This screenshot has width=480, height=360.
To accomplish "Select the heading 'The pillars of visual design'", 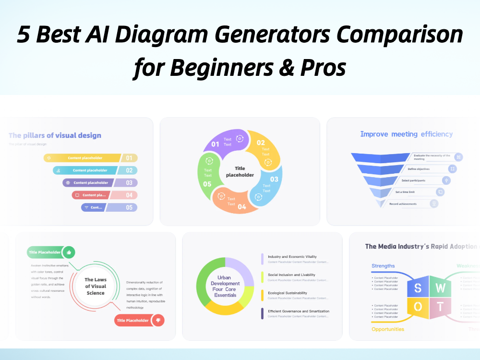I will click(55, 135).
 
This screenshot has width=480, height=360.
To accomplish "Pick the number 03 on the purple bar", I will click(129, 183).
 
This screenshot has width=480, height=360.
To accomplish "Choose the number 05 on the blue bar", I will click(129, 208).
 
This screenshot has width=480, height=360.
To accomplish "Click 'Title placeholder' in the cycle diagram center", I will click(240, 171).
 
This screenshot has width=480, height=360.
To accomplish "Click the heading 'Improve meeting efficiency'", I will click(406, 134).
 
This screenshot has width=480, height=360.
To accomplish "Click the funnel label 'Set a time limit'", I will click(405, 192).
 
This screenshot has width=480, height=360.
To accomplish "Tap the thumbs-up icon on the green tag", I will click(69, 252).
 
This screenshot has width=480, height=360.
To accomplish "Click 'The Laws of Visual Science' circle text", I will click(95, 286).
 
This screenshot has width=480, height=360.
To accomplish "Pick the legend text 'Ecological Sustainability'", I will click(287, 293).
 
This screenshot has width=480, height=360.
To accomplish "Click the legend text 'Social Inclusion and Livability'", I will click(291, 275).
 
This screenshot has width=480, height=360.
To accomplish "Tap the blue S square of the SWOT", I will click(418, 288).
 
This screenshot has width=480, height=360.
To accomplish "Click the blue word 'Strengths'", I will click(383, 266).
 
